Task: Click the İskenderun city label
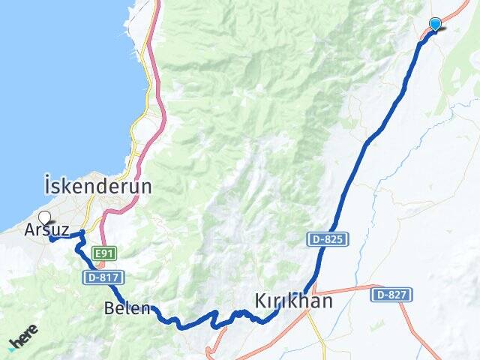[x=97, y=185]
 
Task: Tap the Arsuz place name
[x=47, y=230]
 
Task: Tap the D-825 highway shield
[x=327, y=239]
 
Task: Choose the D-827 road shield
[x=391, y=295]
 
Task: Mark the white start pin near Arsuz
[x=44, y=218]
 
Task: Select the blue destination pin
[x=435, y=24]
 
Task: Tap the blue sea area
[x=60, y=90]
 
